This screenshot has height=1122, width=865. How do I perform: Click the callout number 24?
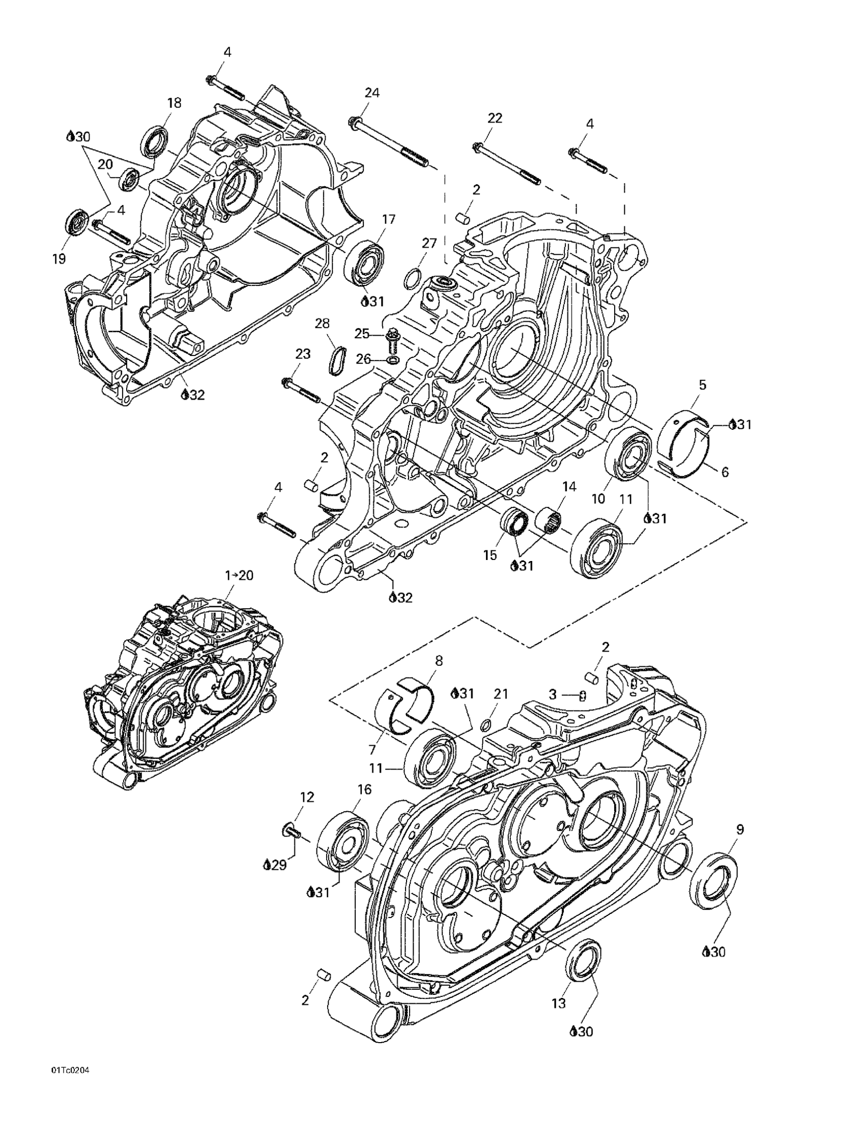372,93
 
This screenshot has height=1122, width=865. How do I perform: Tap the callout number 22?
495,118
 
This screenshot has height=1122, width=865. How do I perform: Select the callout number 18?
174,103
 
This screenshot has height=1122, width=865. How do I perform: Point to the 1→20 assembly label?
239,575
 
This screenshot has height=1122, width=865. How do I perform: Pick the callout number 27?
429,243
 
